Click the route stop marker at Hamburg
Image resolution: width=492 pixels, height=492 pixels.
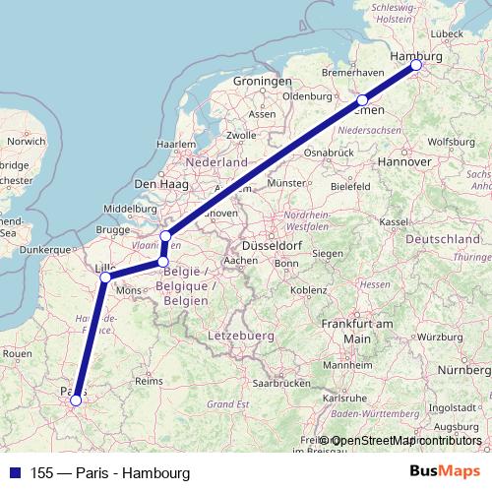click(x=416, y=65)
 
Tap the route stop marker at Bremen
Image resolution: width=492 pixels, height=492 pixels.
click(x=362, y=100)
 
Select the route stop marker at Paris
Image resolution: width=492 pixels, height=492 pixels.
click(x=76, y=400)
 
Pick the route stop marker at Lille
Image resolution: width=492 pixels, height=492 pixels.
click(x=104, y=277)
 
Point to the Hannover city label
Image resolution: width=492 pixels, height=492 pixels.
click(x=405, y=161)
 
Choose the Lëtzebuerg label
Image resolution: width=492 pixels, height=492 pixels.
click(x=239, y=337)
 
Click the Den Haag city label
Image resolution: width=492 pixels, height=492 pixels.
click(x=159, y=184)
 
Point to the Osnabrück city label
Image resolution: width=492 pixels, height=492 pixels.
click(x=328, y=153)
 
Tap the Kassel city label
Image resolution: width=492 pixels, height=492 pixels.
click(x=393, y=223)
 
